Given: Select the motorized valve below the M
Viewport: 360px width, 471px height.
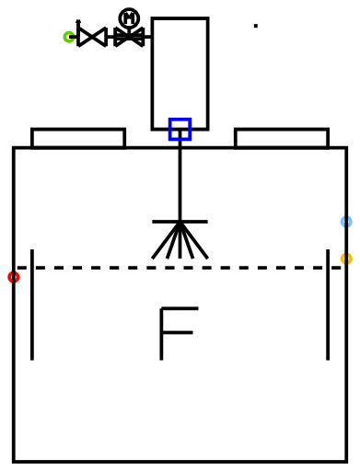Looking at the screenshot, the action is [x=129, y=37].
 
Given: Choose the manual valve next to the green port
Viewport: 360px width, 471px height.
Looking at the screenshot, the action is [x=92, y=37].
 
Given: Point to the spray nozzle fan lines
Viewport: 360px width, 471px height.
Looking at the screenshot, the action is [x=180, y=241].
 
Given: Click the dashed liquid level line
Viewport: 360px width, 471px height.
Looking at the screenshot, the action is [x=179, y=268].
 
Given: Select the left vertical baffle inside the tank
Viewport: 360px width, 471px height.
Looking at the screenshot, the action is [x=32, y=304].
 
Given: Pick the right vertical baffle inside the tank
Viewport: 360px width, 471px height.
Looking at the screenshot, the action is [x=328, y=304].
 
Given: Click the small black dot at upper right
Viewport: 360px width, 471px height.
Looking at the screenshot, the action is [x=256, y=26].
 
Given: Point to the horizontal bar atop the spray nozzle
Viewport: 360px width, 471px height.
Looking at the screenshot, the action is [x=180, y=222].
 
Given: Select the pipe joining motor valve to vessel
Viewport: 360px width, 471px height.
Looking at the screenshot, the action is [x=147, y=37].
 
